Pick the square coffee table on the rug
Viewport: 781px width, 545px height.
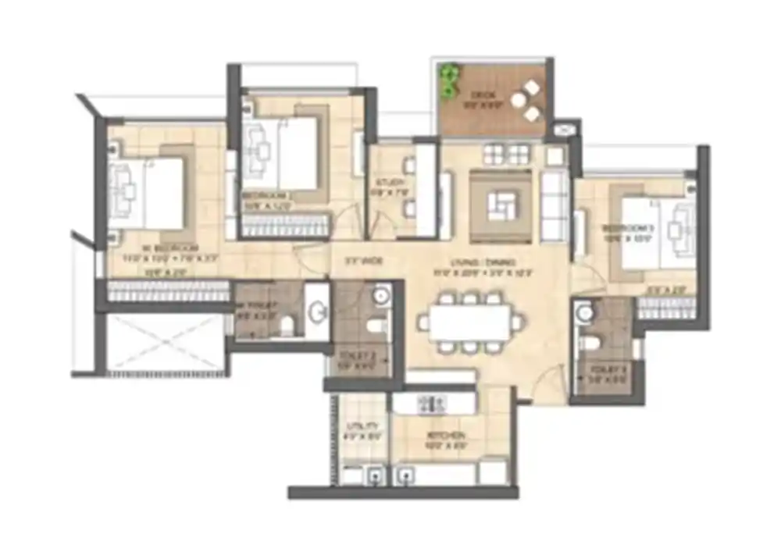(x=501, y=206)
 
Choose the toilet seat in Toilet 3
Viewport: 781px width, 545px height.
(x=592, y=342)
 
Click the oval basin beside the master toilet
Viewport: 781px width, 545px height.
(x=318, y=312)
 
